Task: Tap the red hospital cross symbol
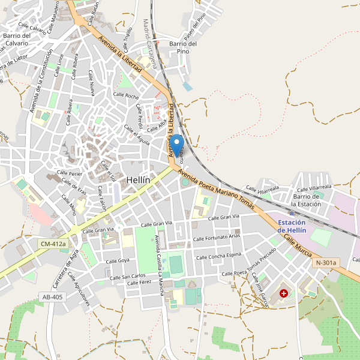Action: click(284, 294)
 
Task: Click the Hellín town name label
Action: click(138, 179)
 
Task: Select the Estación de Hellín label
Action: click(292, 227)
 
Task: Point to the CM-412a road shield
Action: click(53, 244)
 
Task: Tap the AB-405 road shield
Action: click(53, 297)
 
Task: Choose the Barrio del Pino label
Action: click(184, 47)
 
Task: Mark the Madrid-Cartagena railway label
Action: click(149, 43)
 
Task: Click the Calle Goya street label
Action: click(118, 261)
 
